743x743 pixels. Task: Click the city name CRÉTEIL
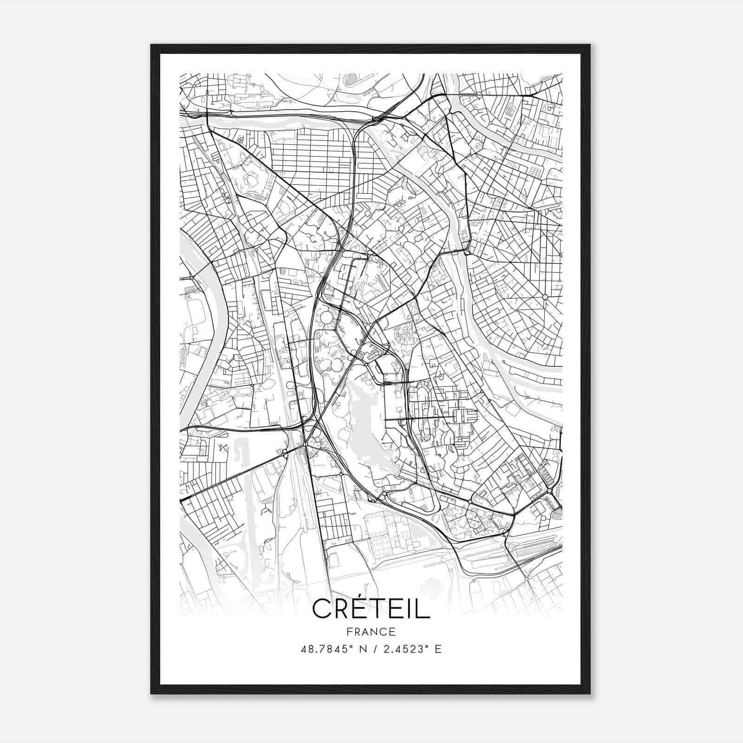point(371,608)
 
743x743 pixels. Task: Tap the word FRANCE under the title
point(371,632)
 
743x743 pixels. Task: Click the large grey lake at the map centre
point(367,427)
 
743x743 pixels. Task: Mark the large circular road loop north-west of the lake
point(326,318)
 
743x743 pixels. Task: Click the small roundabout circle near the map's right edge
point(545,296)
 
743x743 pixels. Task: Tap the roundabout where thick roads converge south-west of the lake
point(305,444)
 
